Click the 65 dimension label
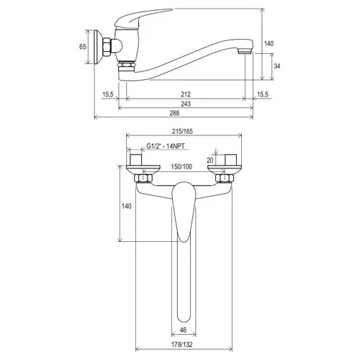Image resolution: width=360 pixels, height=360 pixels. pyautogui.click(x=83, y=46)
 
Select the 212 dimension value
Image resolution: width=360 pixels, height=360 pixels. pyautogui.click(x=186, y=94)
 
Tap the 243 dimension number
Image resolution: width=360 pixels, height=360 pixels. pyautogui.click(x=186, y=104)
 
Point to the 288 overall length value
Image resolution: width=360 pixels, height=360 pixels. pyautogui.click(x=174, y=113)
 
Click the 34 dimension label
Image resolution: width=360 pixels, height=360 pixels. pyautogui.click(x=276, y=66)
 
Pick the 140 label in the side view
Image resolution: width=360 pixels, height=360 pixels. pyautogui.click(x=269, y=43)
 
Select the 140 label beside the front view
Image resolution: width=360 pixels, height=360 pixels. pyautogui.click(x=127, y=206)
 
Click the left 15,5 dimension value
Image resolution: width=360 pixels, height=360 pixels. pyautogui.click(x=108, y=94)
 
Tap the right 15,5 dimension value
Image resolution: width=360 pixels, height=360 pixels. pyautogui.click(x=263, y=94)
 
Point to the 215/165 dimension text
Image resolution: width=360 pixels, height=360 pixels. pyautogui.click(x=182, y=132)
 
